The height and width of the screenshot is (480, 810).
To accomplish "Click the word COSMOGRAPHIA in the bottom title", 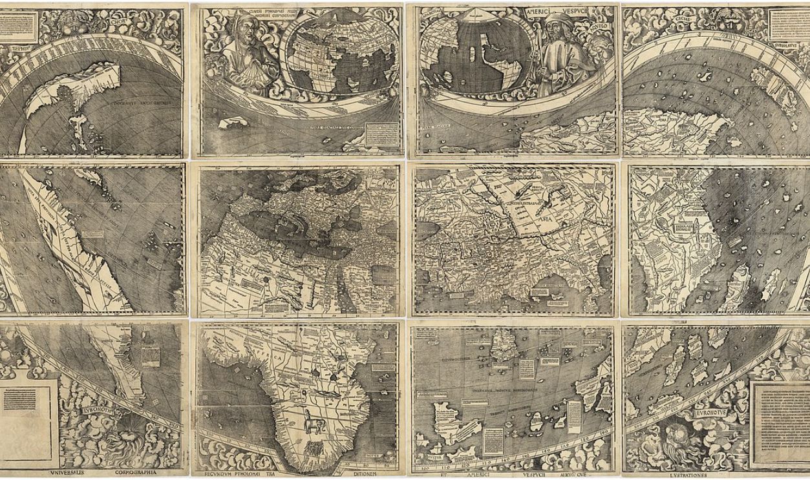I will pyautogui.click(x=136, y=472).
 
